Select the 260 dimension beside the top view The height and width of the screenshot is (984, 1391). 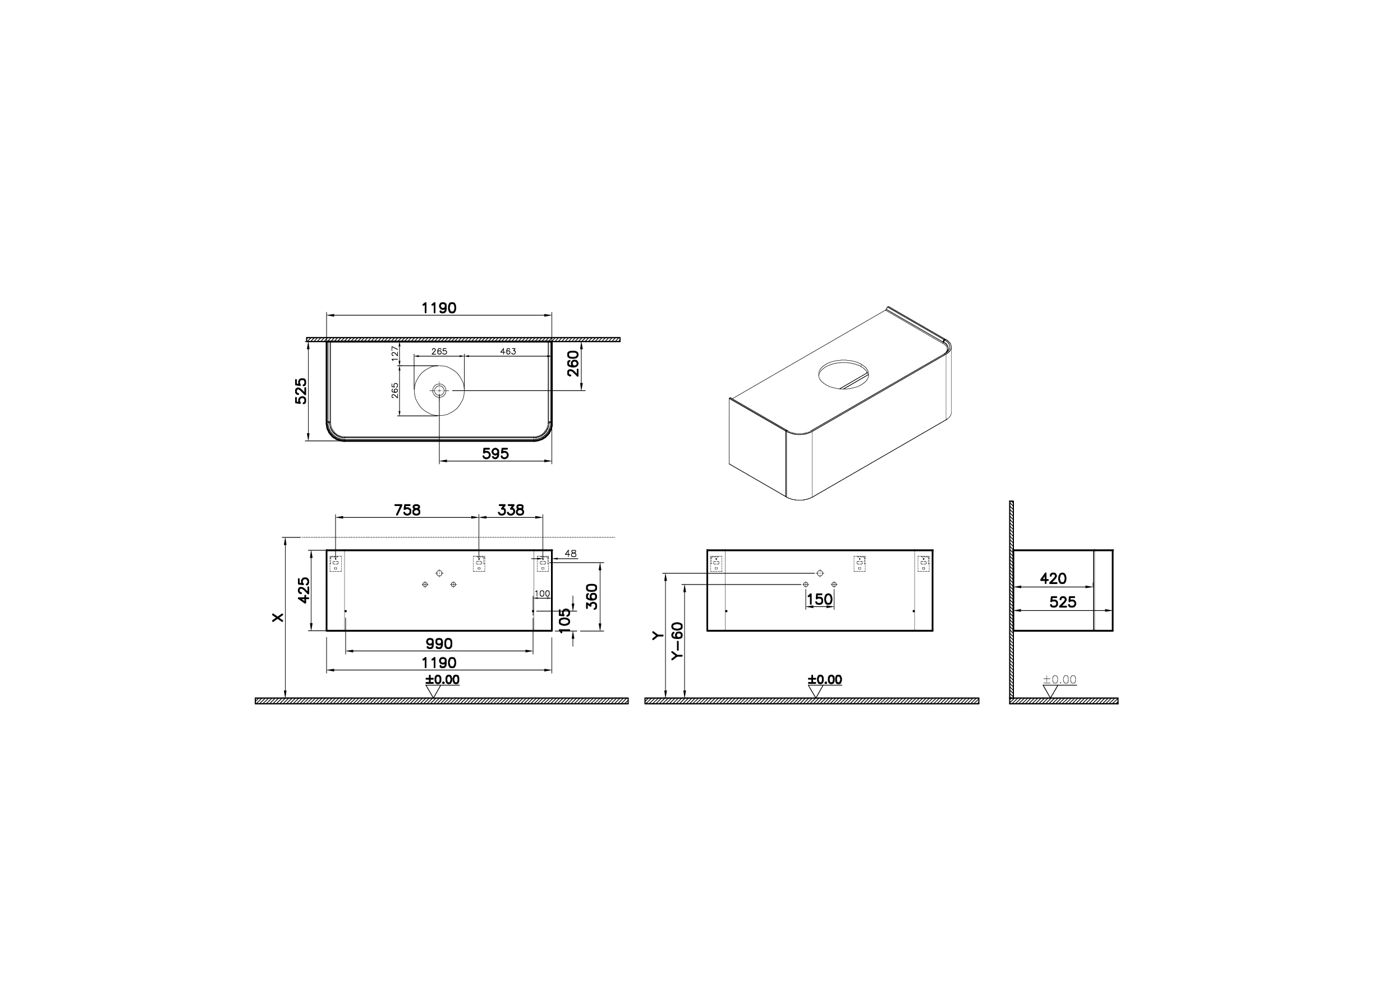coord(573,363)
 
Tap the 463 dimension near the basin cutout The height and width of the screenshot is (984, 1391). coord(507,351)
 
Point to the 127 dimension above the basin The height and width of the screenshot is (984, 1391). coord(395,353)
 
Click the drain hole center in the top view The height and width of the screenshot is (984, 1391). coord(439,391)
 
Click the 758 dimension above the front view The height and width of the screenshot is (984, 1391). coord(407,510)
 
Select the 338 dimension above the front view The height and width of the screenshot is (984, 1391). coord(511,510)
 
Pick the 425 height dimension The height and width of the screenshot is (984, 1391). coord(304,590)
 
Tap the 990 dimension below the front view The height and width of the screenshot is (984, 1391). coord(439,643)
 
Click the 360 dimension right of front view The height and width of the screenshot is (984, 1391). coord(592,596)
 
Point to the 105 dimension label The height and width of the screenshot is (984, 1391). coord(564,620)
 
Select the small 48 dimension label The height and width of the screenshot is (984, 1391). coord(570,554)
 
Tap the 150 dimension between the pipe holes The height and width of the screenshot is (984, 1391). coord(819,599)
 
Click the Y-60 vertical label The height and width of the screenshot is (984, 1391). coord(677,641)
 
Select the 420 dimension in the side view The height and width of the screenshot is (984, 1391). coord(1053,578)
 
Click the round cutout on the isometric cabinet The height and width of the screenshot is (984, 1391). coord(844,374)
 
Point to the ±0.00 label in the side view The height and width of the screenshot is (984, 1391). coord(1059,680)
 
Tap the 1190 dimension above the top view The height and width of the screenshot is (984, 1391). coord(439,308)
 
